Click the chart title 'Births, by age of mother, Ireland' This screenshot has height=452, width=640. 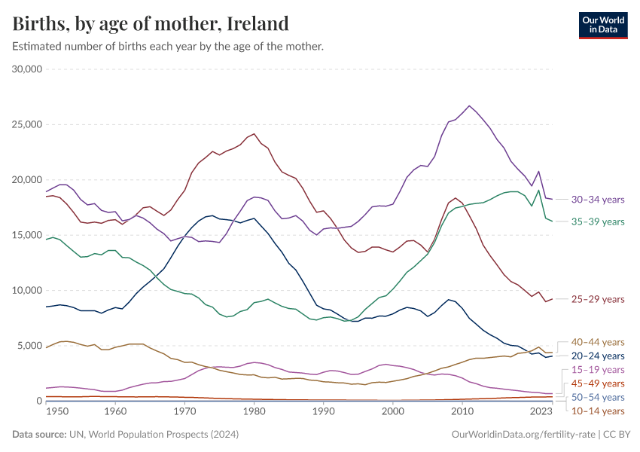[151, 23]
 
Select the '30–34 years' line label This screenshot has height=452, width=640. [597, 200]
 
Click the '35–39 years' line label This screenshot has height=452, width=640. [597, 221]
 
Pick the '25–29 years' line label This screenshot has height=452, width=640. [597, 299]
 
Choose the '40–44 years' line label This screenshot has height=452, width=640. [597, 342]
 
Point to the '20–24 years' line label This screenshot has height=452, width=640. [597, 356]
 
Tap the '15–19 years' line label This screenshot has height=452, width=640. [597, 370]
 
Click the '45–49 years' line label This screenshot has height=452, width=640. [597, 383]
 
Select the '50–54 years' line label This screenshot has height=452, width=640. [597, 397]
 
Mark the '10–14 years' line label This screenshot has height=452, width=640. [597, 411]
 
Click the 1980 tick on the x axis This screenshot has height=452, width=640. [254, 412]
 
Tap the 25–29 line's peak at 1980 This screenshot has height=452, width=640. [254, 134]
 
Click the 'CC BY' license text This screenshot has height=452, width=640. [618, 435]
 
